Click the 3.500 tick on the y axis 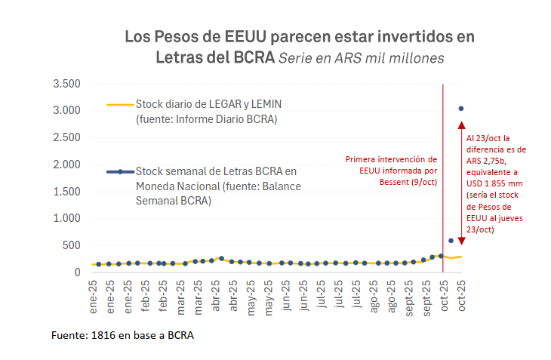[x=66, y=83]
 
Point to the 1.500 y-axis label [x=66, y=191]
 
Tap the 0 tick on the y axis [x=76, y=272]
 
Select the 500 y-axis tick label [x=71, y=245]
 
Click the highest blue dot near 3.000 [x=461, y=109]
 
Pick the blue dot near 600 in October [x=451, y=241]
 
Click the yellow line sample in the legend [x=120, y=106]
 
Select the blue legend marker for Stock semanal [x=120, y=172]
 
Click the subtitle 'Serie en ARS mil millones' [x=361, y=58]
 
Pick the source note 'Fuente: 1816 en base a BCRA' [x=122, y=335]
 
